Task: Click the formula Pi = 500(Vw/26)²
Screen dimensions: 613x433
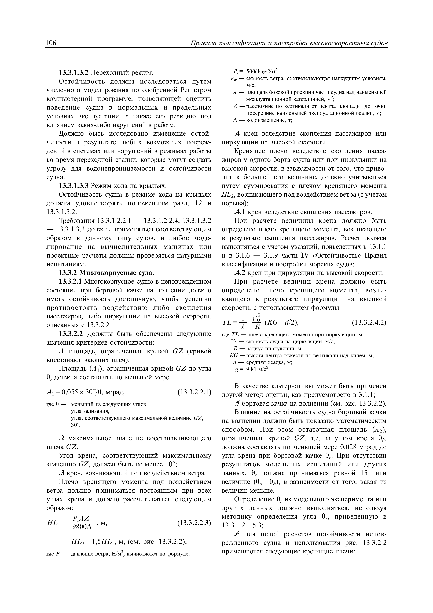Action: tap(256, 71)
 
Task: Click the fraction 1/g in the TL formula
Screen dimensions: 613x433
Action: tap(243, 322)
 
